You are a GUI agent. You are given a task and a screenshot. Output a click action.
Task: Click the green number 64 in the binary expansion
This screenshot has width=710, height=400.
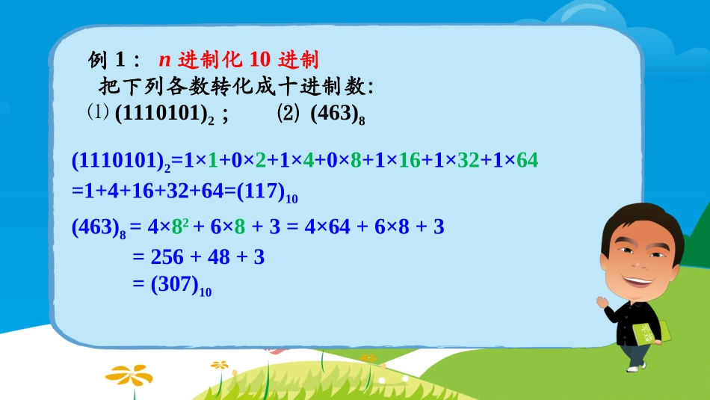(527, 160)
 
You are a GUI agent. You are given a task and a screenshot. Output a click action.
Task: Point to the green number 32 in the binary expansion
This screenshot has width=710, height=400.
(468, 160)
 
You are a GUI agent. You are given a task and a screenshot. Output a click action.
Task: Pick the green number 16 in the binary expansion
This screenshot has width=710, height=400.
(409, 160)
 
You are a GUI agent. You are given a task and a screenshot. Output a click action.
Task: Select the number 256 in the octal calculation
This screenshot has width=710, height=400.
(167, 257)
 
